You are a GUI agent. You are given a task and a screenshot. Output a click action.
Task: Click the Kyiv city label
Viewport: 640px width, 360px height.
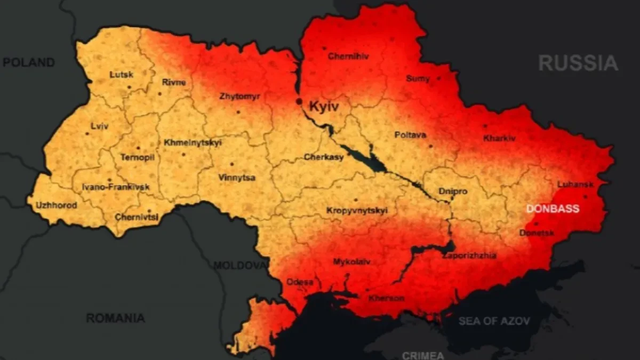(x=324, y=106)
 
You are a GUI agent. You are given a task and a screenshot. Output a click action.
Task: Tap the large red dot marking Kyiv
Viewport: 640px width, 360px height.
(x=299, y=101)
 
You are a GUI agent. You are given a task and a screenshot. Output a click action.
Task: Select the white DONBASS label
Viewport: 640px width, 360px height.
(x=553, y=209)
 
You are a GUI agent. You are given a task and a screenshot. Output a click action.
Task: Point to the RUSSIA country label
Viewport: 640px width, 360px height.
(x=578, y=63)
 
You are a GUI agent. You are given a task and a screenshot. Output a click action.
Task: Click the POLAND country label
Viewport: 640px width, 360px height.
(x=29, y=62)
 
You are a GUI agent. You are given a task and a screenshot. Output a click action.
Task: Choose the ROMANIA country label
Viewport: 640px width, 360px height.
(x=115, y=318)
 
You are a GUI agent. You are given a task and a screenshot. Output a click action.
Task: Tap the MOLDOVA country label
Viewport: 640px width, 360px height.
(x=239, y=265)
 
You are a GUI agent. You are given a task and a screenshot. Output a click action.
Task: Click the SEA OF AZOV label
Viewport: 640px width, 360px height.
(x=494, y=321)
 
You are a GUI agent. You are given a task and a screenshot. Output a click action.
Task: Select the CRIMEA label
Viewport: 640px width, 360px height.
(x=423, y=355)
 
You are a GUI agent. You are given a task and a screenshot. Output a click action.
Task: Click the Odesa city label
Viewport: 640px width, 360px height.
(x=300, y=282)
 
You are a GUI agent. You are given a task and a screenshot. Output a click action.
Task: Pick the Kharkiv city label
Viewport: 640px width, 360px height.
(x=499, y=138)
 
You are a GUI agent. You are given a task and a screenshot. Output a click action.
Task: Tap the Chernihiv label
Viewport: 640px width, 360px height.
(x=348, y=56)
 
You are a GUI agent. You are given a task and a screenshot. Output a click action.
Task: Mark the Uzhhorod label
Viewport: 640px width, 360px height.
(x=56, y=205)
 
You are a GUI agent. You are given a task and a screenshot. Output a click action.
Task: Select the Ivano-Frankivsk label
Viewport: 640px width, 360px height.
(x=116, y=187)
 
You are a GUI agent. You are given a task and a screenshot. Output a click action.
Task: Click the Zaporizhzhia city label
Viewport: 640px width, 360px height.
(x=469, y=255)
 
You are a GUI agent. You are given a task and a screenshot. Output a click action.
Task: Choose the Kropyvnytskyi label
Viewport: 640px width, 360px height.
(x=356, y=211)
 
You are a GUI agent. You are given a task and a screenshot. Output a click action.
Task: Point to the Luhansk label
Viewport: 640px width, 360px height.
(x=575, y=185)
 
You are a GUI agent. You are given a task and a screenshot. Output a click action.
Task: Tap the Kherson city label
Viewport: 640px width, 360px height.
(x=386, y=298)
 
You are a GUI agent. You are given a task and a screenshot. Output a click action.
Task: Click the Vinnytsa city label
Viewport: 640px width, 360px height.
(x=236, y=178)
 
